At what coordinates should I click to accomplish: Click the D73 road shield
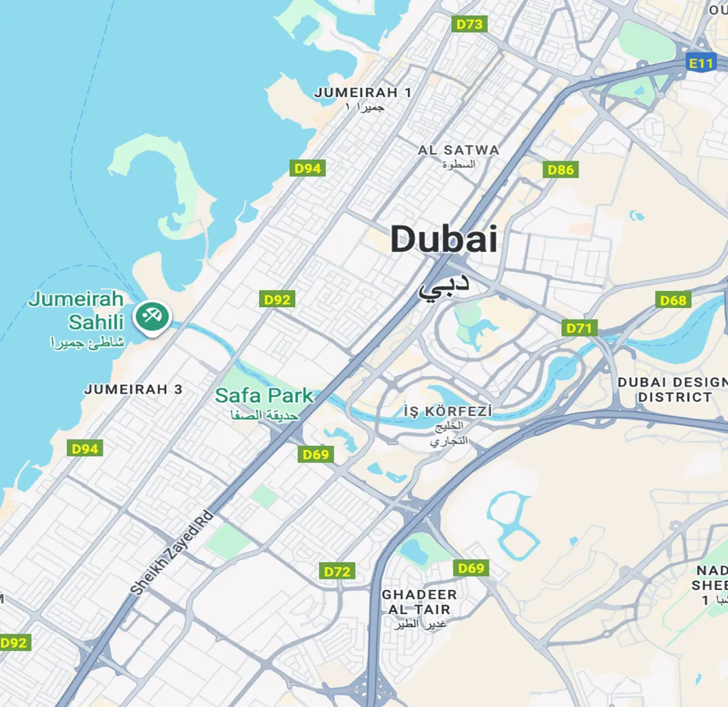tap(470, 24)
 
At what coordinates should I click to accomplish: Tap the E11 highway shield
tap(701, 63)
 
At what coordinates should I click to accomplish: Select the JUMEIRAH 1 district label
tap(363, 92)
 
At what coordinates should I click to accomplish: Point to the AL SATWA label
tap(458, 150)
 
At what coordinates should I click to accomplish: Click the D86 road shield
tap(560, 170)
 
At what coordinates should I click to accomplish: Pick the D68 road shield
tap(673, 300)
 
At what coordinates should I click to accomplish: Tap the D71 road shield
tap(579, 328)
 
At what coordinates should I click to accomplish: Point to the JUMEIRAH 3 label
tap(133, 389)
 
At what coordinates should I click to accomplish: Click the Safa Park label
tap(264, 396)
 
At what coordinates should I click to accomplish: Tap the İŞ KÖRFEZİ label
tap(448, 411)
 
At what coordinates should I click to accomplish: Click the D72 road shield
tap(337, 571)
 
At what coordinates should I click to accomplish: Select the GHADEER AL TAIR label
tap(419, 602)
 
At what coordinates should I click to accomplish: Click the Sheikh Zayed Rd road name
tap(172, 553)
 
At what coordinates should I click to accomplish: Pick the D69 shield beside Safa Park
tap(316, 454)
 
